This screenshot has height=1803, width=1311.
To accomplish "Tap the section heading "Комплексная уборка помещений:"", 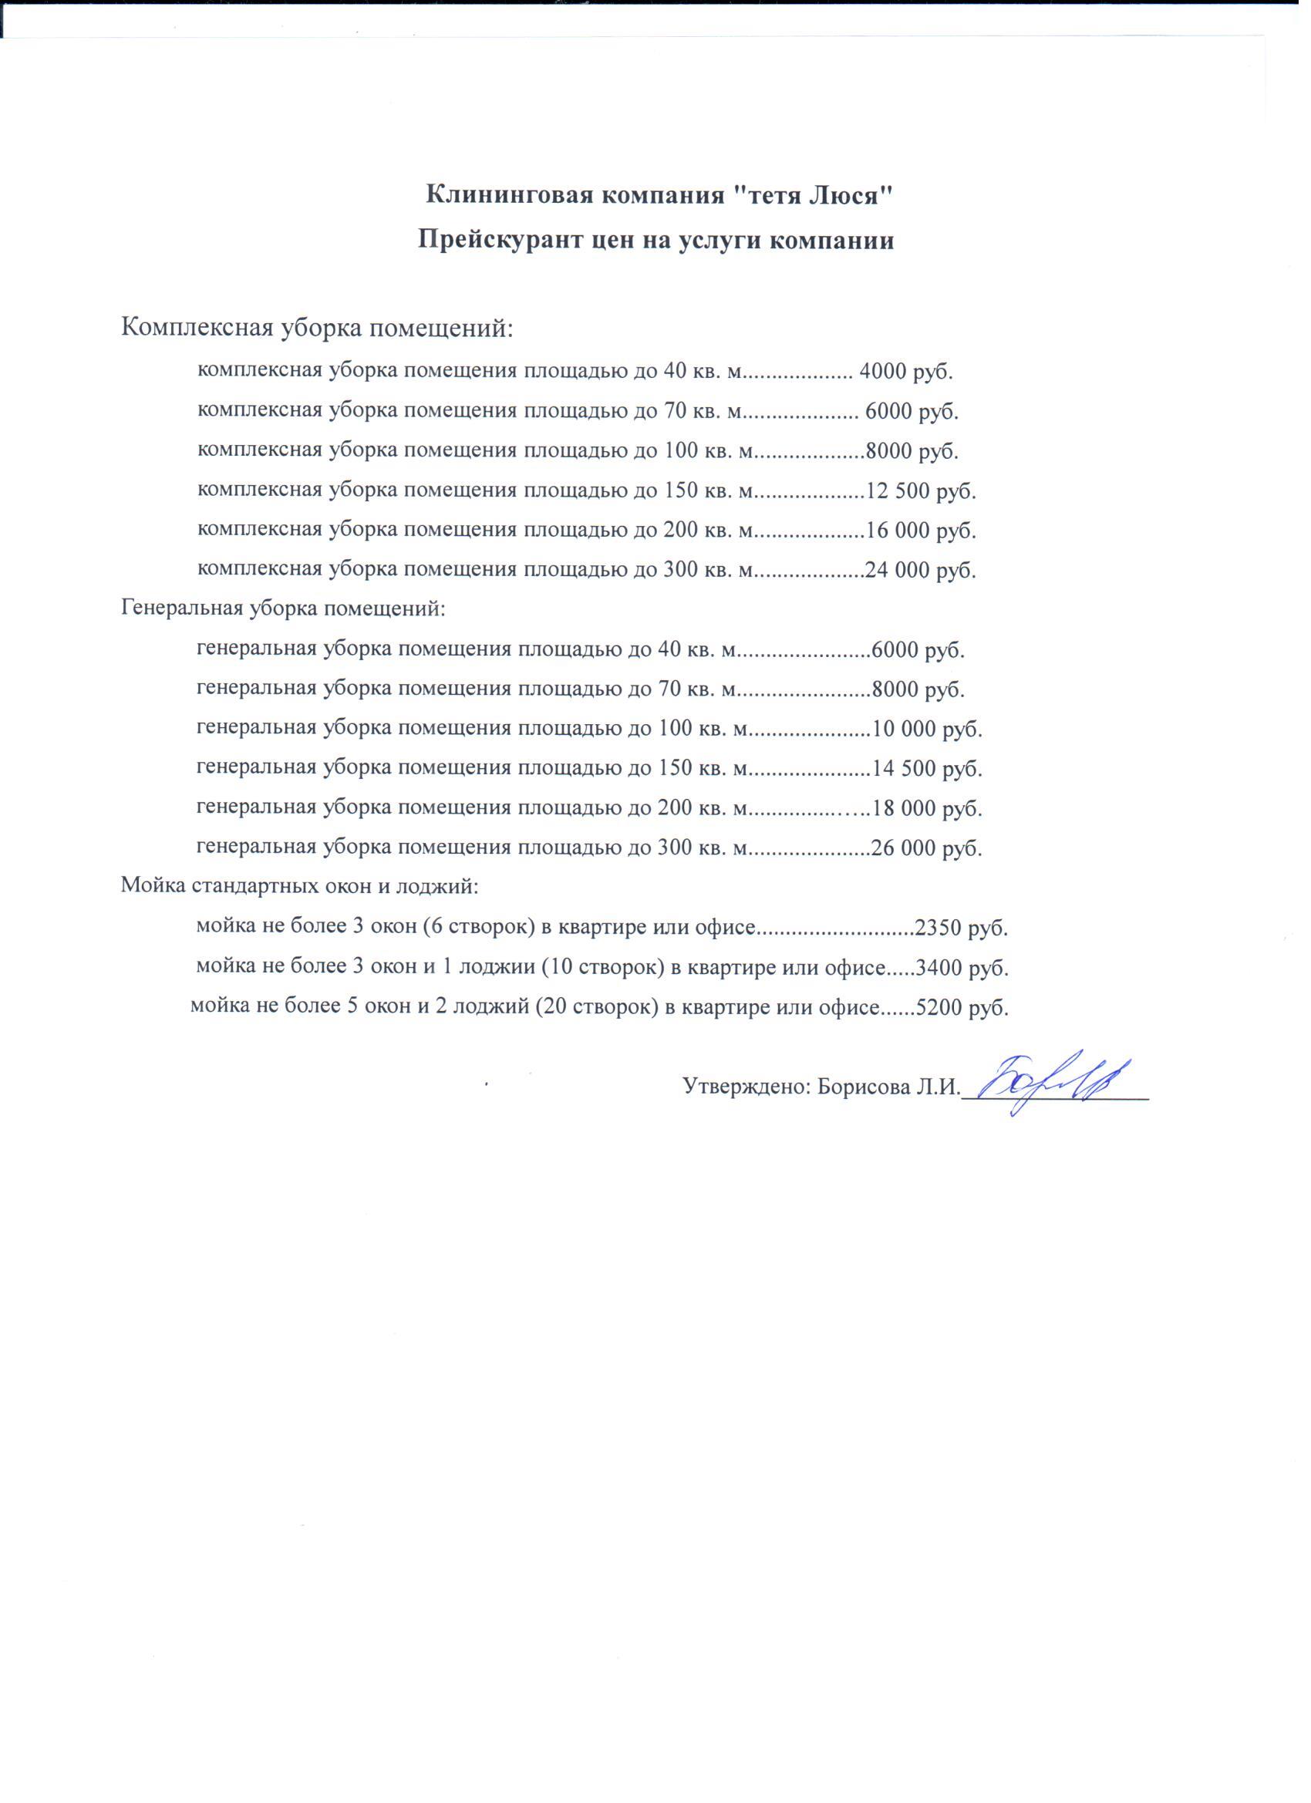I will (x=317, y=327).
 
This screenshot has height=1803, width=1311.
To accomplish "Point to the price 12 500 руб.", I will (x=921, y=490).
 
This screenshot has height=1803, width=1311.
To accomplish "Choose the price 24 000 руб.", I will (x=921, y=570).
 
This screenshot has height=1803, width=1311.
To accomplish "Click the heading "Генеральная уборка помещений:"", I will (x=283, y=610).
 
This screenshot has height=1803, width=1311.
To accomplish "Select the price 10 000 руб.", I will (x=927, y=729).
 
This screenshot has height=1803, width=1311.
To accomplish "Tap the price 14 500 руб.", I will (x=927, y=769).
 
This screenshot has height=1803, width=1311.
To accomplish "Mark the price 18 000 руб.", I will (x=927, y=808).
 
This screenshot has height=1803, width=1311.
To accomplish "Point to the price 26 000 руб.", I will (x=927, y=848).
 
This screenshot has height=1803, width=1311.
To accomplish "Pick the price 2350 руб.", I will (x=962, y=928).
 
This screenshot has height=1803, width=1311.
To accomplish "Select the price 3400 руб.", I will (x=962, y=969).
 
